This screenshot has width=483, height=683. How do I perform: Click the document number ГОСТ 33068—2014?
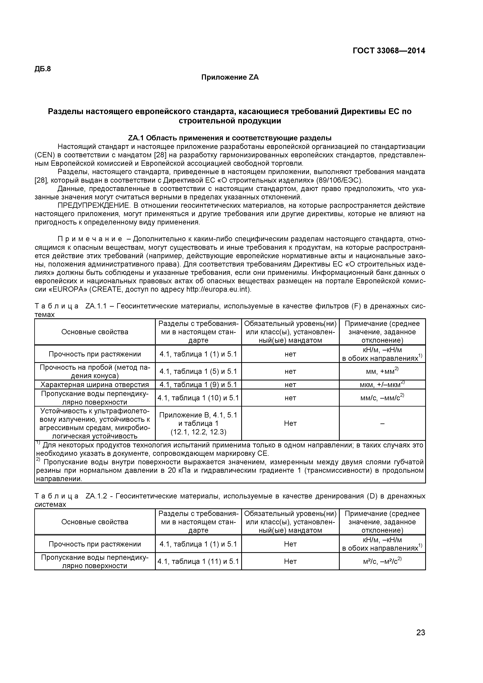pos(389,51)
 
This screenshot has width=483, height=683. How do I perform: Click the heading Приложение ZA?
pos(230,78)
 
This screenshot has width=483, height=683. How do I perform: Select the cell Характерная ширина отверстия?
pos(95,385)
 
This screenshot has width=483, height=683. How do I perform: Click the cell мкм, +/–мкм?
pos(382,385)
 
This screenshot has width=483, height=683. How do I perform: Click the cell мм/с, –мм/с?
pos(382,398)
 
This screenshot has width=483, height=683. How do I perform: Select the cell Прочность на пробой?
pos(95,371)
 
